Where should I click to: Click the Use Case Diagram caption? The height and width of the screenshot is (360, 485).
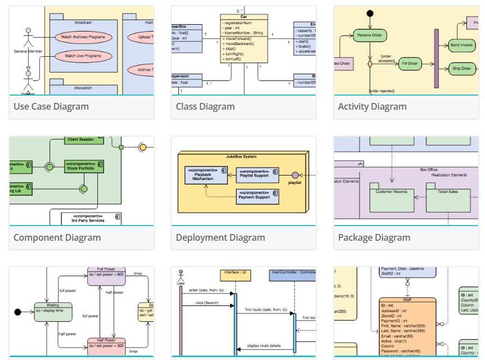[51, 106]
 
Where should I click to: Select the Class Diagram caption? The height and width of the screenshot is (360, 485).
[205, 106]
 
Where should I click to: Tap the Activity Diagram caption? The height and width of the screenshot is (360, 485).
[372, 106]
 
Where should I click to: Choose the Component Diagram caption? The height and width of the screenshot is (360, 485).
[57, 237]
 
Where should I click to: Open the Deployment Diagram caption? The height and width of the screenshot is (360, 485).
[221, 237]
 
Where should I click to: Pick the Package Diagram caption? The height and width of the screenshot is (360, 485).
[374, 237]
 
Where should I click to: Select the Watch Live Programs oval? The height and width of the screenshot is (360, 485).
[83, 56]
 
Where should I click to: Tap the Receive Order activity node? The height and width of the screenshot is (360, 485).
[370, 35]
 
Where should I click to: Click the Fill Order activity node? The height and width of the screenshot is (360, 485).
[411, 64]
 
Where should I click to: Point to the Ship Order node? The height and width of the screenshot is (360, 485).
[461, 69]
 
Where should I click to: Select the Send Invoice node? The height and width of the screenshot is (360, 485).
[461, 44]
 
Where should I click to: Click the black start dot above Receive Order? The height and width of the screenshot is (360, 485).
[370, 13]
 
